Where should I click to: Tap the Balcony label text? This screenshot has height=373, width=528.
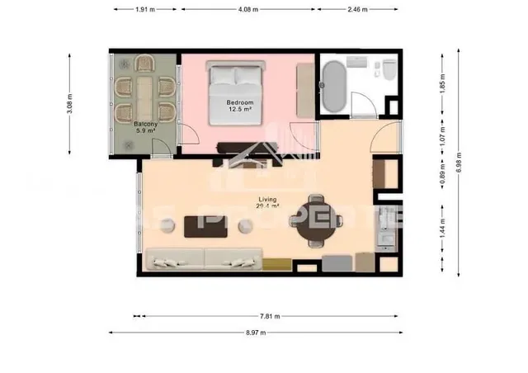tap(145, 125)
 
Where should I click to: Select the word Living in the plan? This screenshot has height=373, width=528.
tap(267, 199)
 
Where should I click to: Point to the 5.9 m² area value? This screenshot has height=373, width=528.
tap(145, 131)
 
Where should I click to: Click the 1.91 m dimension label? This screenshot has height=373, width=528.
tap(145, 11)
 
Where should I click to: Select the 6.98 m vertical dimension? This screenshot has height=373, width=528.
tap(460, 165)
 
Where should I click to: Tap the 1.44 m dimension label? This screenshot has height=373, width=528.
tap(442, 224)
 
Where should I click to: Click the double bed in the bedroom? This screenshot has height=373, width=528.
tap(236, 96)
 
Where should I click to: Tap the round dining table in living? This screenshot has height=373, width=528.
tap(316, 220)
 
